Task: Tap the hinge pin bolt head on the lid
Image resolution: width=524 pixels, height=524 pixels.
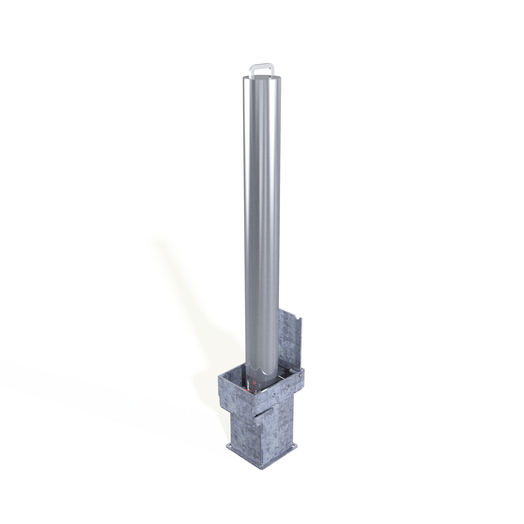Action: tap(300, 375)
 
